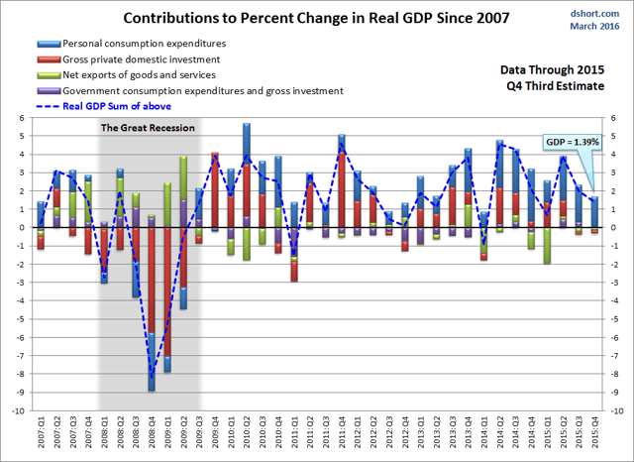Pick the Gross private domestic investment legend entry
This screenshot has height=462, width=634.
[x=145, y=60]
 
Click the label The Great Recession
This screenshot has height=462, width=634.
[x=149, y=127]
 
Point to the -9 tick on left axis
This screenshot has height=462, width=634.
[x=20, y=392]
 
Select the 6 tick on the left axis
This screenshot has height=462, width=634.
[x=20, y=118]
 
